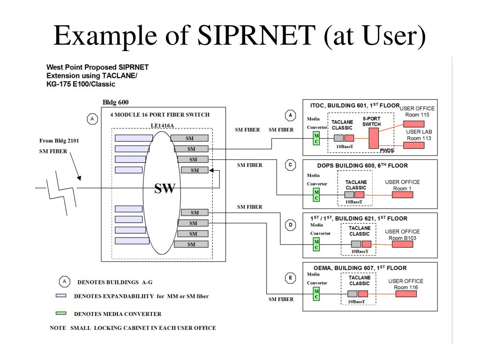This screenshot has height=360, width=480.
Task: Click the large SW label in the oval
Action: [x=165, y=188]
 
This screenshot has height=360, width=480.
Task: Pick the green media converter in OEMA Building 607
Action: [x=316, y=294]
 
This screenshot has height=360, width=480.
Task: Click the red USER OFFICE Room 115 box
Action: [x=414, y=124]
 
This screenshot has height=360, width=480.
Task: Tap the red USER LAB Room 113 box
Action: [x=414, y=145]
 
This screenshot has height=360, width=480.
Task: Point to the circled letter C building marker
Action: [x=291, y=165]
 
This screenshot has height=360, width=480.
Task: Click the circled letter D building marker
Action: [x=291, y=225]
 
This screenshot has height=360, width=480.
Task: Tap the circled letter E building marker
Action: [x=291, y=278]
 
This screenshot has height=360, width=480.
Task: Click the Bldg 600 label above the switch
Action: [x=115, y=102]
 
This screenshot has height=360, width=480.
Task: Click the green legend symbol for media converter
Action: [x=61, y=313]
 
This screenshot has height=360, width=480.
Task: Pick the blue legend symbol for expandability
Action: [x=61, y=296]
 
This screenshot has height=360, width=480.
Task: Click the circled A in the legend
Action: [x=64, y=282]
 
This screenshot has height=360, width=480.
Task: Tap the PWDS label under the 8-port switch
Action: [x=386, y=150]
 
